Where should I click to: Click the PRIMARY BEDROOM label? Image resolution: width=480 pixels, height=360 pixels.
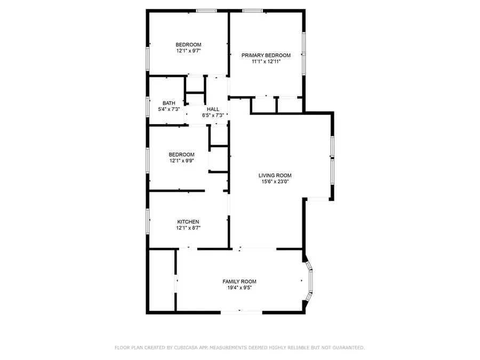266,55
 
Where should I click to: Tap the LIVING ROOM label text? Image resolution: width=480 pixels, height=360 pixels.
275,175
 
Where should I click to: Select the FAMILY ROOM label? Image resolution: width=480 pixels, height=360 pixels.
239,282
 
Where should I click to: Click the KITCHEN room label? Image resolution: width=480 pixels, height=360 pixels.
188,222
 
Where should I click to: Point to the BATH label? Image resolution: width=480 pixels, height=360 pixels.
169,103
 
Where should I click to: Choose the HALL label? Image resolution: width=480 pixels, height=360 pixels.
213,109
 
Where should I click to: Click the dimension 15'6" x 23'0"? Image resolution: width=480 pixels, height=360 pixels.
275,182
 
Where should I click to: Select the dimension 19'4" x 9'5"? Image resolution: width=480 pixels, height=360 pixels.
239,288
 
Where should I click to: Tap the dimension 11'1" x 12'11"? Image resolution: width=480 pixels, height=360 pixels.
266,62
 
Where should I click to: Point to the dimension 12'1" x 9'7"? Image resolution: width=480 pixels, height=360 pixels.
188,51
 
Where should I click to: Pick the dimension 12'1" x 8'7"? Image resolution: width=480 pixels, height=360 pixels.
188,228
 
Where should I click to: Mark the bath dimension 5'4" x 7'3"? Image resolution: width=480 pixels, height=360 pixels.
169,109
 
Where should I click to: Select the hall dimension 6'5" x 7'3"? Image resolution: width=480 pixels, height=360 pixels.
213,115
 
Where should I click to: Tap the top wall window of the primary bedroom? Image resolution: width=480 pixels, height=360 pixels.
251,10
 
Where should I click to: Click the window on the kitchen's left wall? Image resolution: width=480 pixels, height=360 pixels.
148,219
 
